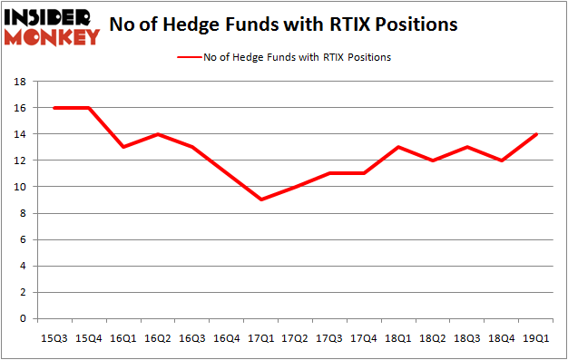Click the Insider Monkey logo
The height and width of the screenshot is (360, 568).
(51, 26)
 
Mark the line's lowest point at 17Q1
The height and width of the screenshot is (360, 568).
(261, 199)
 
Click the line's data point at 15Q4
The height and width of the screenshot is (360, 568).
(88, 107)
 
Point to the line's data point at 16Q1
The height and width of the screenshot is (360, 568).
(122, 147)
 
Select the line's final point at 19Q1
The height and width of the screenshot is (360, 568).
(538, 134)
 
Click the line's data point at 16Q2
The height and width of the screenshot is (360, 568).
(157, 134)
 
